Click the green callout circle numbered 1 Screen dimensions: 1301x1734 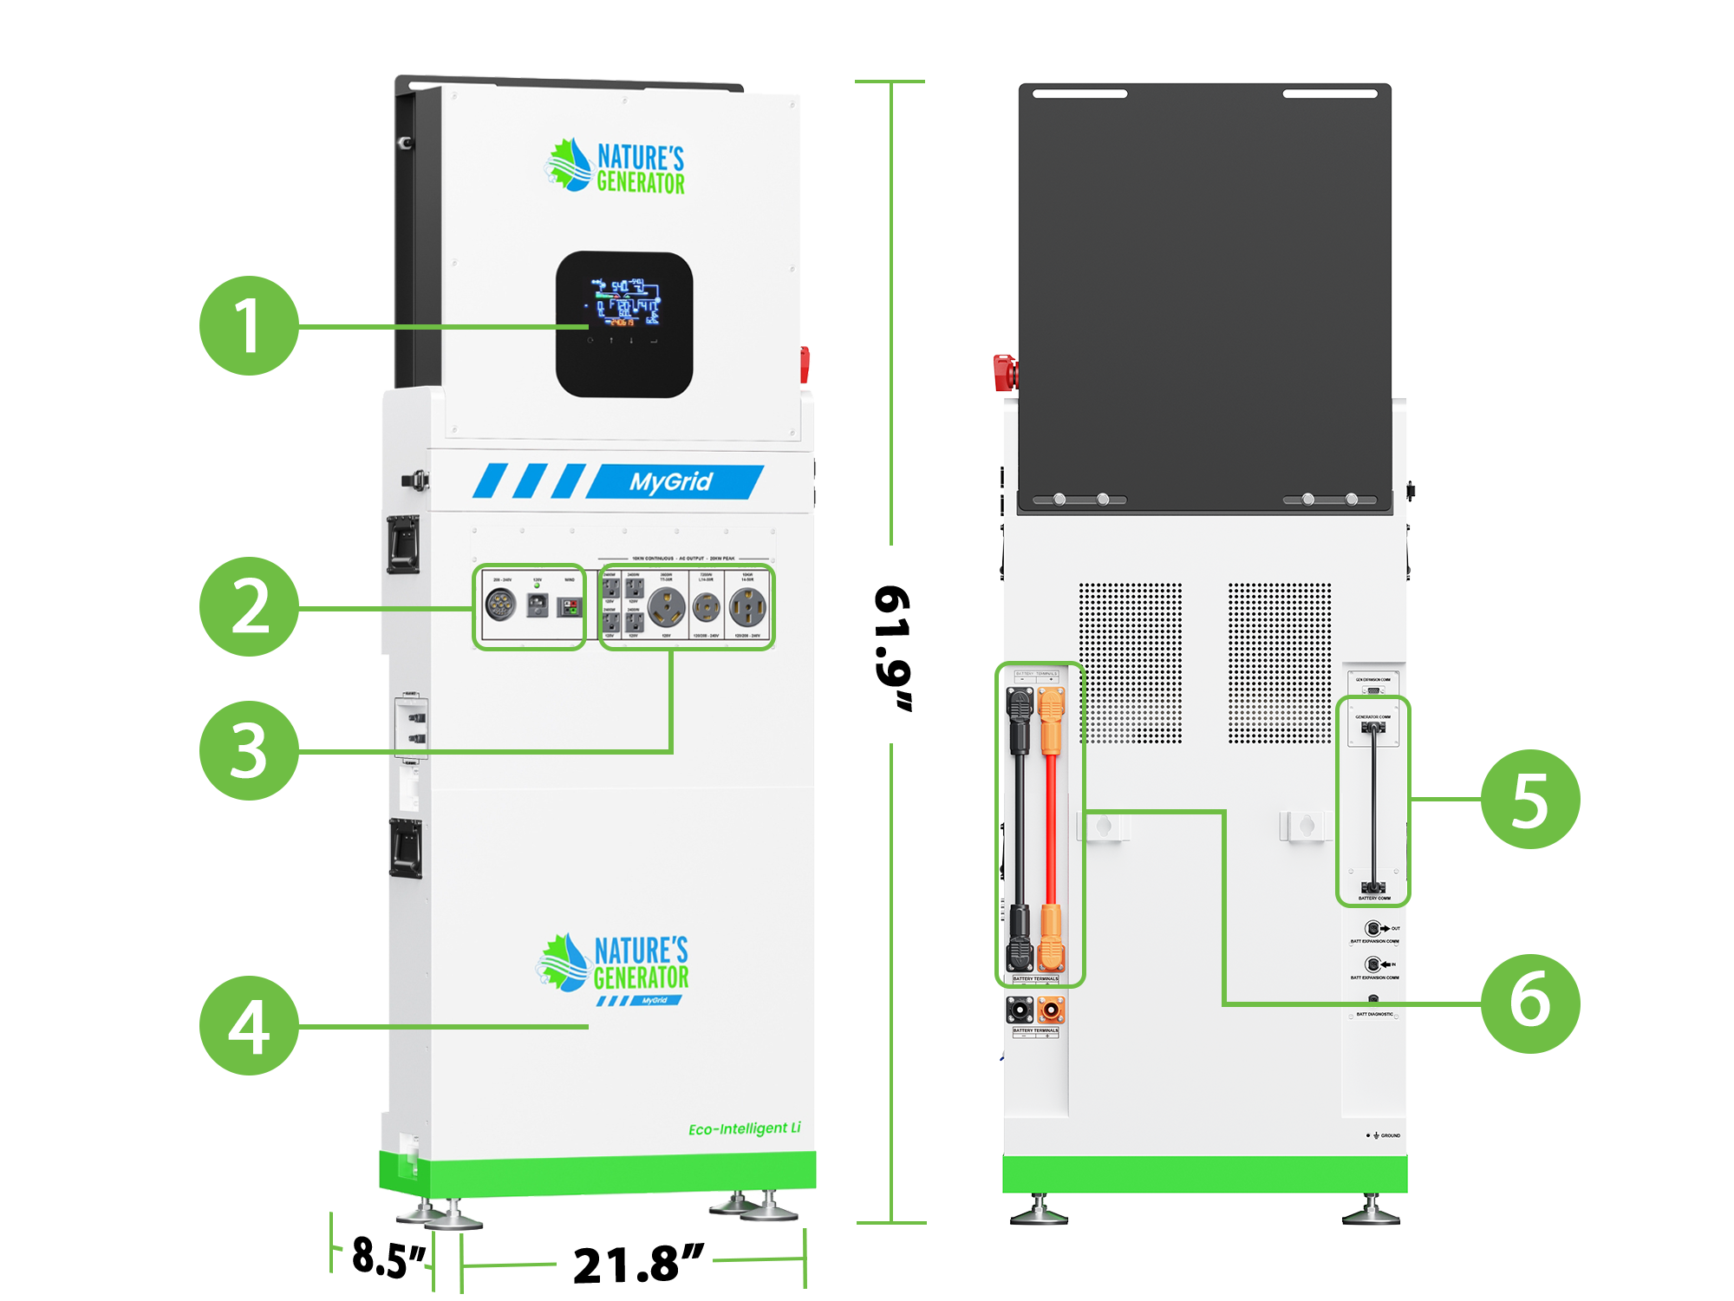coord(250,326)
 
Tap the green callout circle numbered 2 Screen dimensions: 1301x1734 coord(250,606)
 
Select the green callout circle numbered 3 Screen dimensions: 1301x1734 coord(250,750)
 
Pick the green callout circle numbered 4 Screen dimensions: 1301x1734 coord(250,1026)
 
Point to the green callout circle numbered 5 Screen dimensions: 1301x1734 coord(1530,799)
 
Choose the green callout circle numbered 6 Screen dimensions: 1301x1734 coord(1530,1004)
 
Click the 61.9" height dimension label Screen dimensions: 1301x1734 coord(893,647)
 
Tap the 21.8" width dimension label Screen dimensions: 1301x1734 coord(638,1264)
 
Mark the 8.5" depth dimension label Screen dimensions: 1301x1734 coord(389,1257)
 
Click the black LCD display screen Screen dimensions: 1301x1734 coord(623,324)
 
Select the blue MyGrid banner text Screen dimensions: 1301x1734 coord(670,481)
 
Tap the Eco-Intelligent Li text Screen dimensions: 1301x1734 coord(744,1128)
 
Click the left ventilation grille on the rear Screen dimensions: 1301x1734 coord(1130,663)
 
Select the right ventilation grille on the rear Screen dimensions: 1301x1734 coord(1279,663)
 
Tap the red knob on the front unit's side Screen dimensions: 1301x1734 coord(805,363)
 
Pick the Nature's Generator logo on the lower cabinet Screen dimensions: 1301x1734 coord(613,964)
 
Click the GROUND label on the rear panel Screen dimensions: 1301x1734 coord(1389,1135)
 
